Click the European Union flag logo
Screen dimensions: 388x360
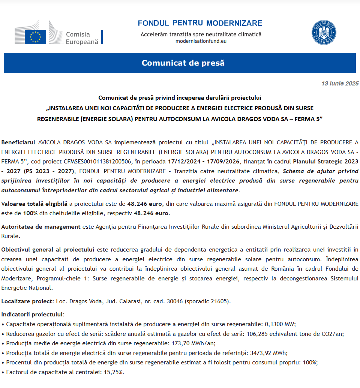coord(35,37)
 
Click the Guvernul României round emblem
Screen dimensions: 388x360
coord(324,33)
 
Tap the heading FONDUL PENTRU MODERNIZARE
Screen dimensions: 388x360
coord(200,23)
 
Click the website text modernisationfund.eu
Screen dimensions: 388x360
coord(201,41)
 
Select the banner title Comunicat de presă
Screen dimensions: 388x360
coord(183,63)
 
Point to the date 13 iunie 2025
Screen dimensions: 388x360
coord(340,83)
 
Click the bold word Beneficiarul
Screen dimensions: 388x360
coord(18,142)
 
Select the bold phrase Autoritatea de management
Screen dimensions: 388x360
coord(41,226)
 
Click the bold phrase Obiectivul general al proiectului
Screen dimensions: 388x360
coord(47,249)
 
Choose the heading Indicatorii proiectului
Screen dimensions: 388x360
coord(33,314)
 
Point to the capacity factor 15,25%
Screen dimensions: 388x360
coord(114,372)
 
